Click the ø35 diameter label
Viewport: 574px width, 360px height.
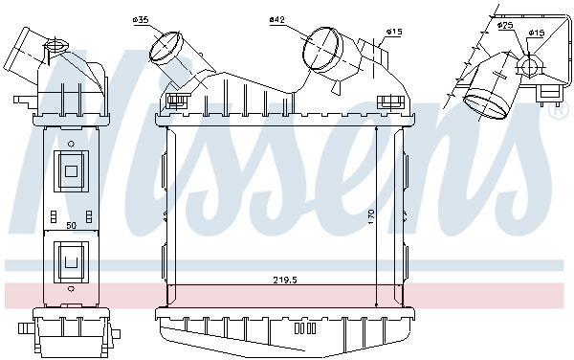(x=141, y=20)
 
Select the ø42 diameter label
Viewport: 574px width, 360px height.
(x=277, y=19)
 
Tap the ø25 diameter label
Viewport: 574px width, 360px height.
(x=505, y=25)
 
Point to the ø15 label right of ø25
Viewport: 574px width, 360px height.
(x=537, y=33)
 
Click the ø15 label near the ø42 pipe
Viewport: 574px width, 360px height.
(x=394, y=33)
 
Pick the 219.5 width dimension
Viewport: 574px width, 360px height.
(x=285, y=281)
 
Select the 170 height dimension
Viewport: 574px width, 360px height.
(x=371, y=216)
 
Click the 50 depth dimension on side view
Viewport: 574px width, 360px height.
(x=72, y=226)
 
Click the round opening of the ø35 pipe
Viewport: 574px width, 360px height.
(x=166, y=47)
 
